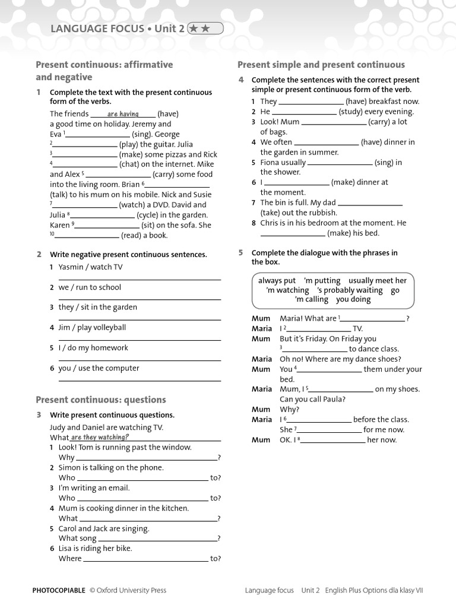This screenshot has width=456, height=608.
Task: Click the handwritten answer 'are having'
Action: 123,114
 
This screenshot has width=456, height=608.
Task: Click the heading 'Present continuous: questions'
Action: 101,400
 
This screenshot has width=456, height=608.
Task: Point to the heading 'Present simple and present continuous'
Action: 321,65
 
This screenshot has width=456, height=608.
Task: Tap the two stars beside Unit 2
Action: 205,28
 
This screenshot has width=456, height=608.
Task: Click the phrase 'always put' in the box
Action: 277,281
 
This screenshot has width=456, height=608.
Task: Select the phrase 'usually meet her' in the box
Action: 378,281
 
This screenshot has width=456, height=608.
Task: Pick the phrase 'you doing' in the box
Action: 353,299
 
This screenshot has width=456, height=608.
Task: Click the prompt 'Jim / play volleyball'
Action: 92,328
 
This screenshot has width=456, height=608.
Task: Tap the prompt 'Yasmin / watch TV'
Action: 90,267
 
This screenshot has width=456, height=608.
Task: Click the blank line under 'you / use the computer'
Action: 140,379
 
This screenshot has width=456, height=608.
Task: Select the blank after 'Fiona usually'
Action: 340,163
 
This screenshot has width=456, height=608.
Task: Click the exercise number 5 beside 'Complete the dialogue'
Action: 241,253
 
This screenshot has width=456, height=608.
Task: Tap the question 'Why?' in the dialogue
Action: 290,410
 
